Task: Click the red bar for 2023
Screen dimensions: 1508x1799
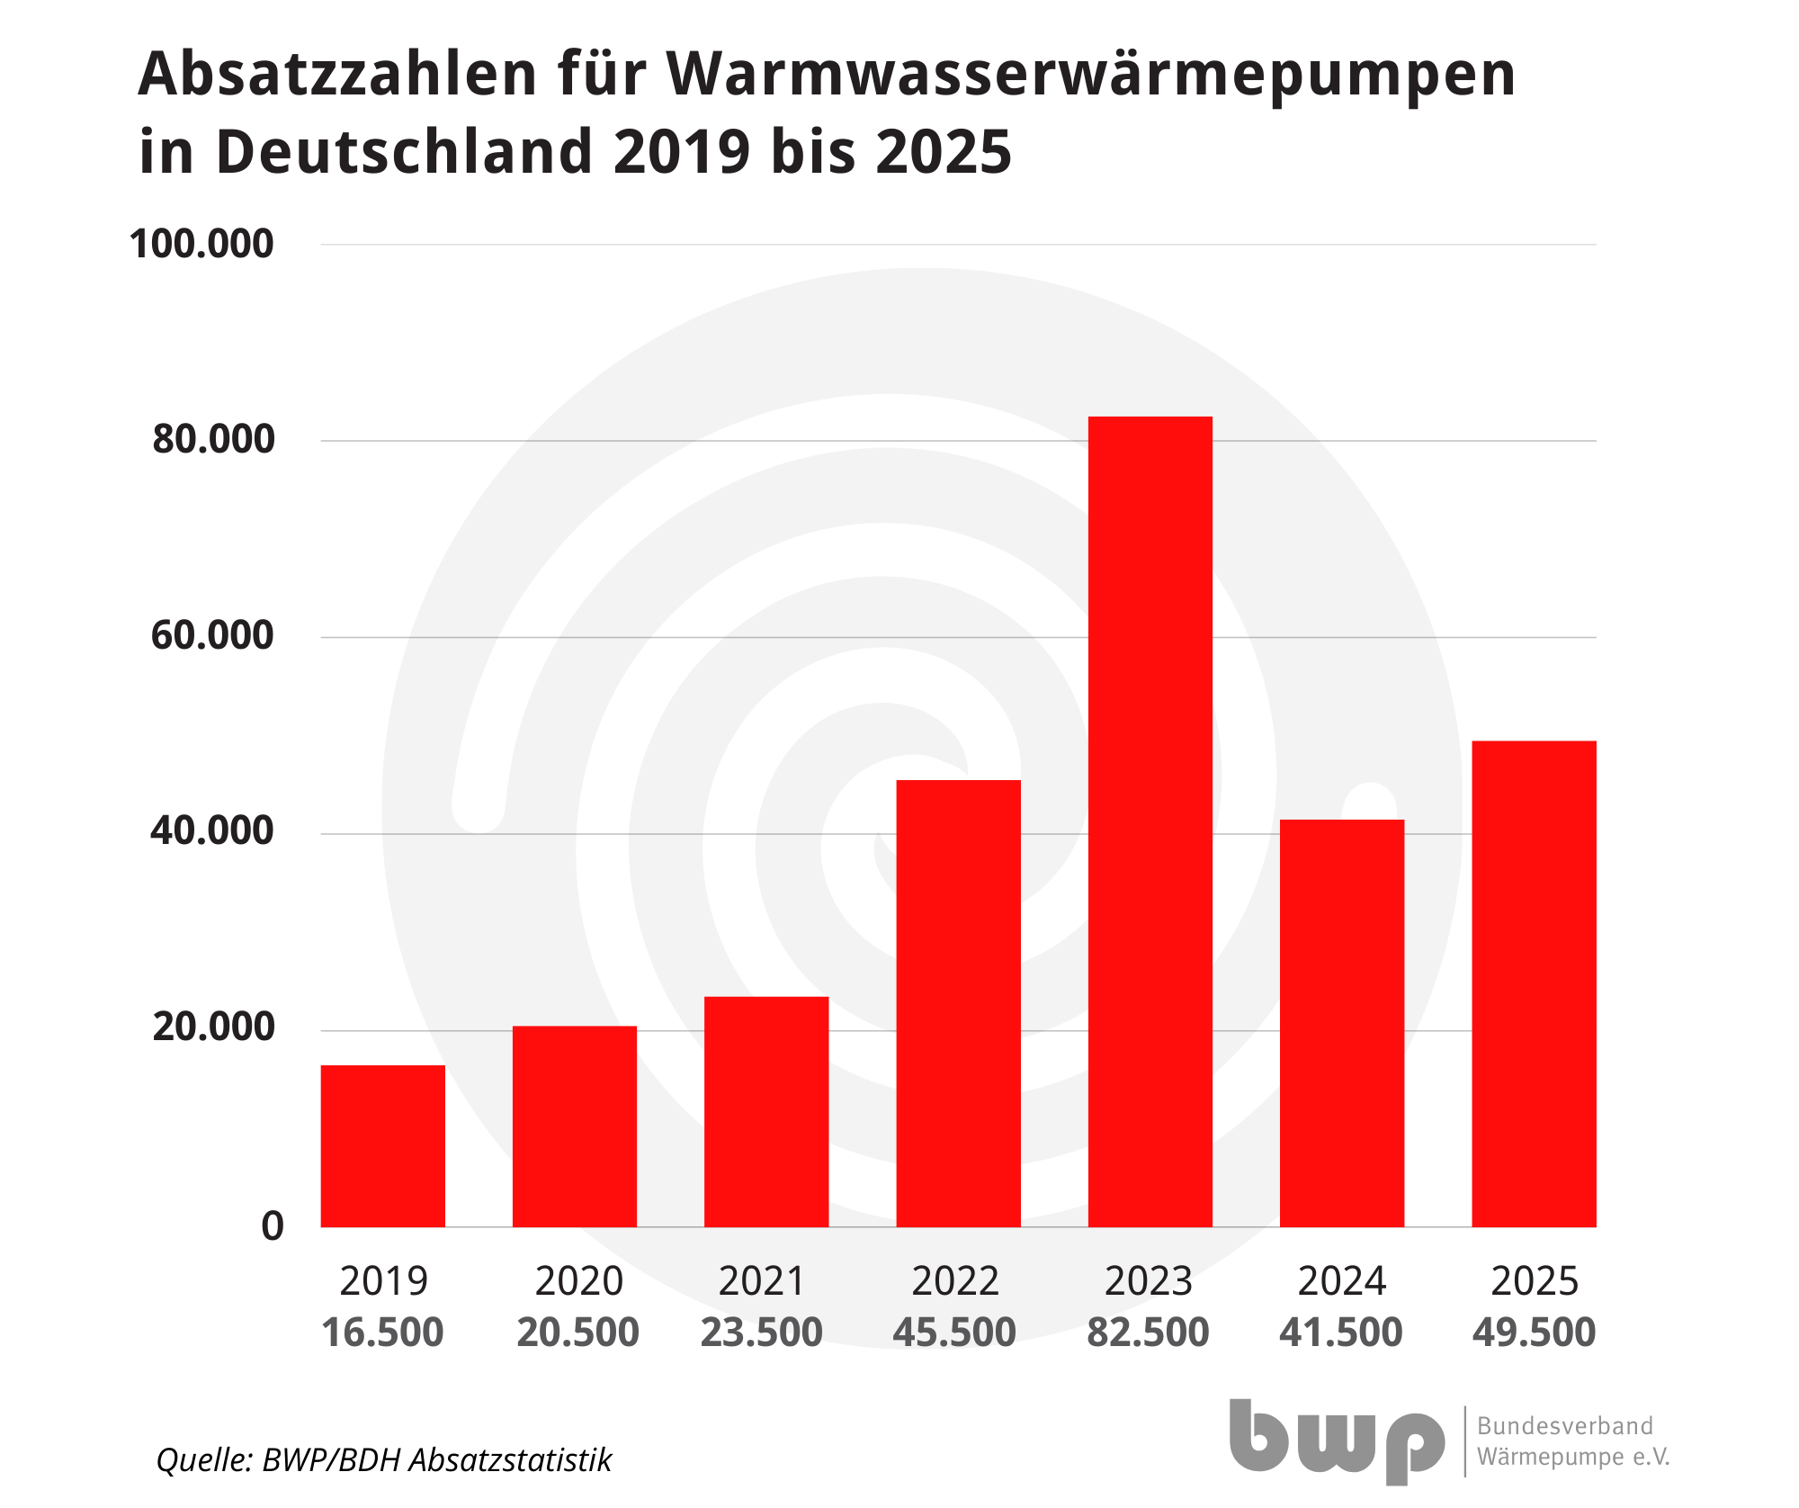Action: [1150, 821]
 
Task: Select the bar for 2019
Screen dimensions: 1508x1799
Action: [383, 1145]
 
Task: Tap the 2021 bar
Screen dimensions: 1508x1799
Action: [766, 1111]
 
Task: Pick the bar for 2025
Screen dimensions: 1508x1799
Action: [1534, 983]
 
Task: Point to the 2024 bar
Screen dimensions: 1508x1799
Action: [1342, 1023]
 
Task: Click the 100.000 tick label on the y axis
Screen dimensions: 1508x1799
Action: [201, 244]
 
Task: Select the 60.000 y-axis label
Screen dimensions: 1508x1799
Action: [212, 635]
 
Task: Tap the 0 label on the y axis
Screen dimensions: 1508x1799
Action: [273, 1226]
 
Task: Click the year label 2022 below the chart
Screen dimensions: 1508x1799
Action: [955, 1280]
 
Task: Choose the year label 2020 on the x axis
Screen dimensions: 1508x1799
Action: [578, 1280]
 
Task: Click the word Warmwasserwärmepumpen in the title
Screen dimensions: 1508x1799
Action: [1091, 76]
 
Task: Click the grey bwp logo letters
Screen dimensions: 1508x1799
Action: [1337, 1441]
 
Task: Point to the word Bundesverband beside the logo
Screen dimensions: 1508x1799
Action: [1565, 1426]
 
